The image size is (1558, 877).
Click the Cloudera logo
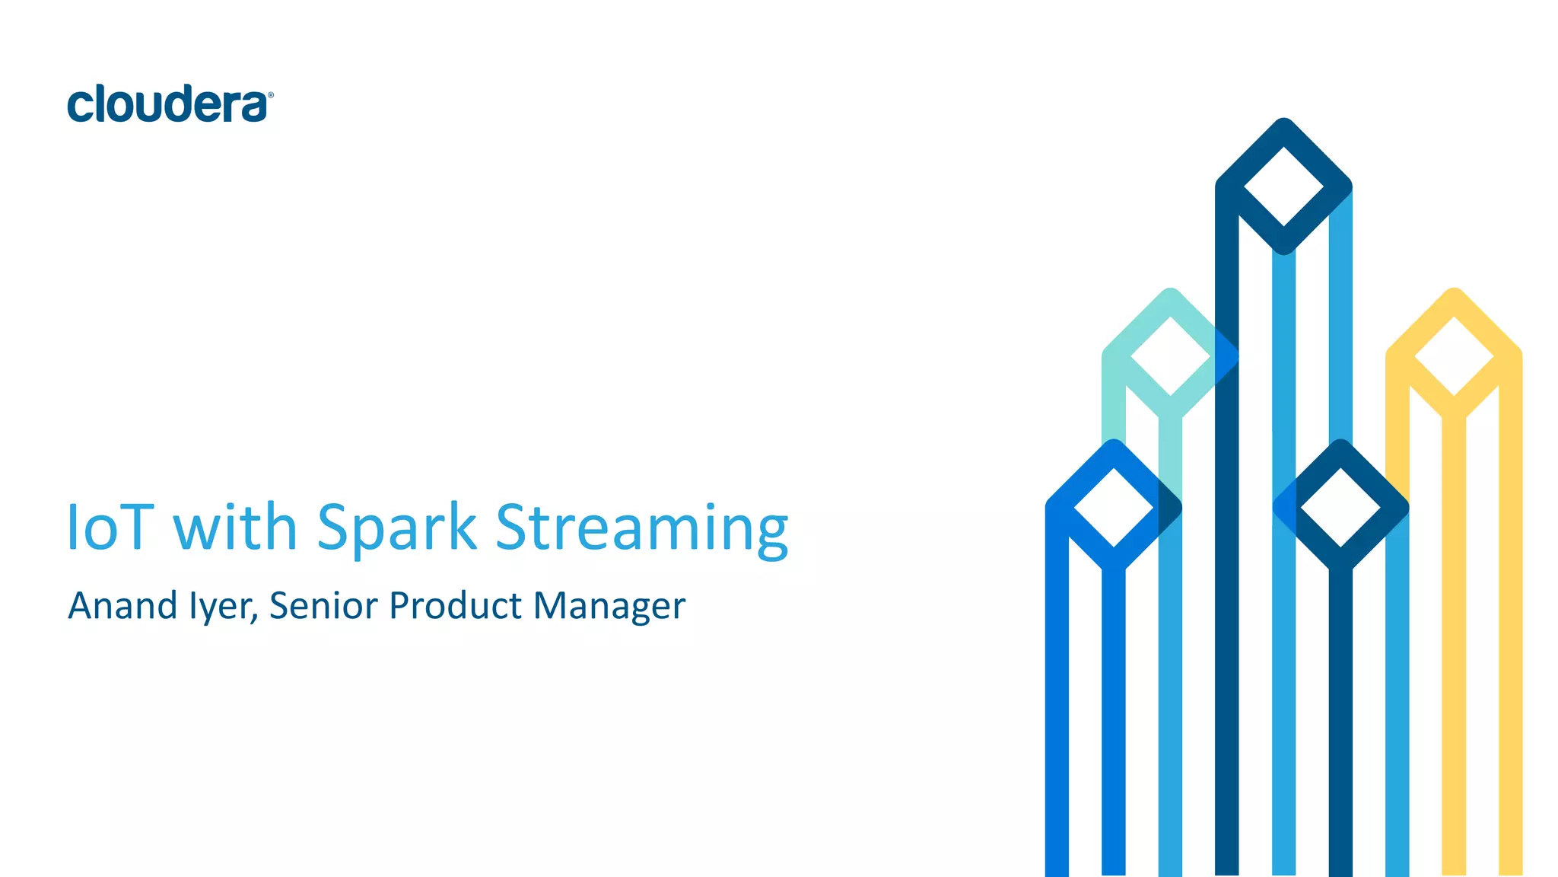(169, 104)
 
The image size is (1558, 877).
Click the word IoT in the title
(110, 527)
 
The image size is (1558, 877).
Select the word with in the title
(235, 527)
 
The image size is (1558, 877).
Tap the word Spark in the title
(396, 527)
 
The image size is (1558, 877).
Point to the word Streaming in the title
(641, 528)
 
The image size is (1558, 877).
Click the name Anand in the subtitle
(122, 606)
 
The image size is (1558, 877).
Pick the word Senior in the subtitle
(323, 606)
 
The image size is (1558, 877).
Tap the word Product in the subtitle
(455, 606)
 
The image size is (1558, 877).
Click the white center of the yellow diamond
(1454, 356)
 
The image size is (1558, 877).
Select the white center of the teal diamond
(1170, 356)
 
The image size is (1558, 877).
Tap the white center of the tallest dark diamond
(1283, 186)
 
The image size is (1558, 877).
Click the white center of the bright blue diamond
(1114, 507)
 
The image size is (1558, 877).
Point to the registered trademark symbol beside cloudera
(270, 95)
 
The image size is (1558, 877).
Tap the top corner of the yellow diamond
(1454, 292)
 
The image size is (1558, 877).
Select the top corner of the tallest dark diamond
(1283, 123)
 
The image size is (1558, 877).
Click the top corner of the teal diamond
(1170, 292)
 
